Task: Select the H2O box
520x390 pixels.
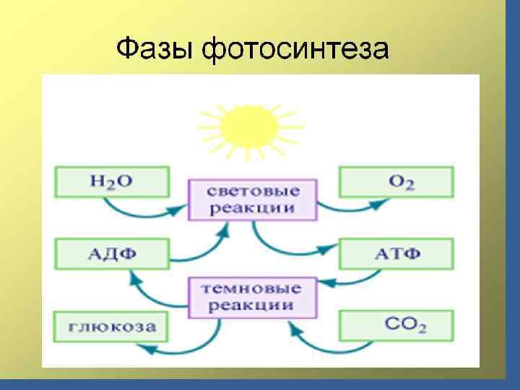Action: click(111, 181)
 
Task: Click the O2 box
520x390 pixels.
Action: click(396, 181)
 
